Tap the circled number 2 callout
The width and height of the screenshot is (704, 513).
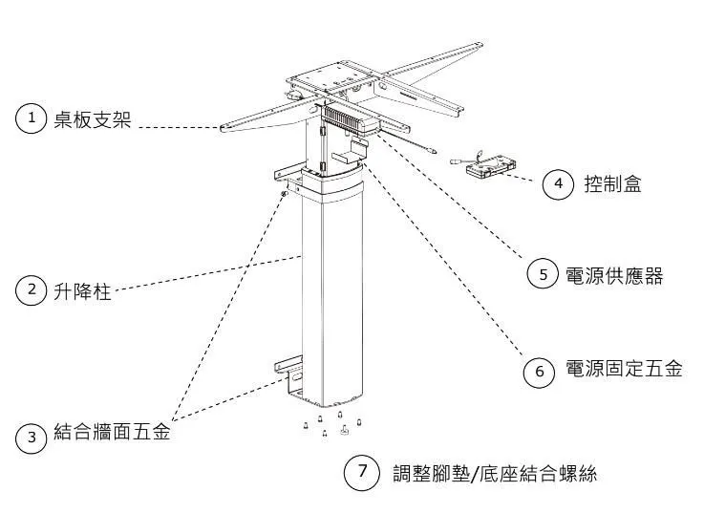[32, 289]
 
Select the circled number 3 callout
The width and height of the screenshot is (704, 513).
[32, 438]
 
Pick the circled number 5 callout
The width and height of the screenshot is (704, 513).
[543, 274]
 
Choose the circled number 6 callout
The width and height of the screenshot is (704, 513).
[540, 371]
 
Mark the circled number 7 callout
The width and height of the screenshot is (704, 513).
[362, 471]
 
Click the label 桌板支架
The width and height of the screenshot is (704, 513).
[92, 119]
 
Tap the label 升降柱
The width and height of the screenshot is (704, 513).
[81, 290]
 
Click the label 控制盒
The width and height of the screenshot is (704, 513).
[612, 183]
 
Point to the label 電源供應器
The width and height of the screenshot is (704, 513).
[614, 275]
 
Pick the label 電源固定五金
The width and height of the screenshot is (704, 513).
[624, 370]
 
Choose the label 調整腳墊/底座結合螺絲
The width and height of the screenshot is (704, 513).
[495, 473]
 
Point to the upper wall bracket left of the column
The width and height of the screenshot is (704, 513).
[284, 174]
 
